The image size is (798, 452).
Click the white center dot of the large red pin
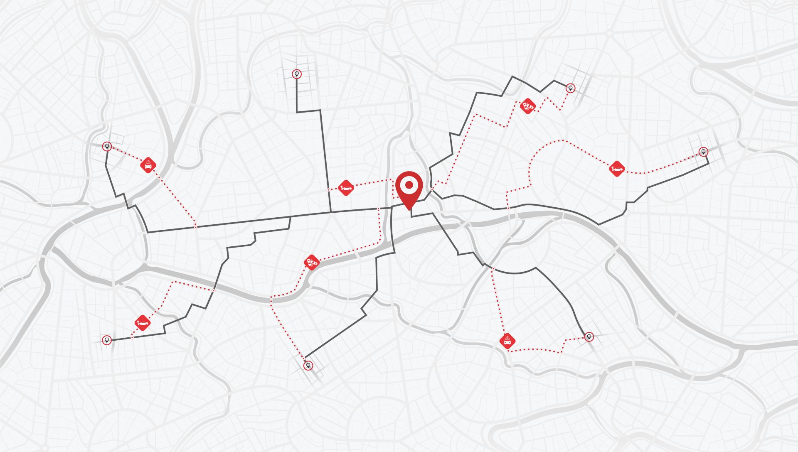pos(409,184)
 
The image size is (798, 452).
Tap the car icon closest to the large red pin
pos(346,188)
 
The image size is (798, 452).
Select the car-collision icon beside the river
pos(312,262)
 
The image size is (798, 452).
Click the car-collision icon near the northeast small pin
pos(528,106)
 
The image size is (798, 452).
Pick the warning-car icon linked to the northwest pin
pos(148,165)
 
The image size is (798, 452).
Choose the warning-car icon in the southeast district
pos(507,341)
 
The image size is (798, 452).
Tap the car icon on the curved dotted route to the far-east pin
pos(617,169)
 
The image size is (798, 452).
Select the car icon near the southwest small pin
pos(143,323)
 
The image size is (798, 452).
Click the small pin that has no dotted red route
pos(296,74)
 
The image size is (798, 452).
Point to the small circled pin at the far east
pos(703,151)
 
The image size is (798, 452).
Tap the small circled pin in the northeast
pos(571,88)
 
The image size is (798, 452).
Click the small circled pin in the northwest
pos(107,146)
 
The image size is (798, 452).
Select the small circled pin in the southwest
pos(107,340)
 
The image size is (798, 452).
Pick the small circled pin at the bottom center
pos(308,366)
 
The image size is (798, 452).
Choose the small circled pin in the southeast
pos(589,337)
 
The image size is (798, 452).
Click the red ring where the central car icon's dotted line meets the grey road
pos(329,190)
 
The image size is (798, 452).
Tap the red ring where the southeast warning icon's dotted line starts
pos(493,269)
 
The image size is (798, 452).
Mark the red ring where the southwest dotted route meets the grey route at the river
pos(213,290)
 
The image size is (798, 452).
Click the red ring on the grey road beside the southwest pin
pos(132,337)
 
